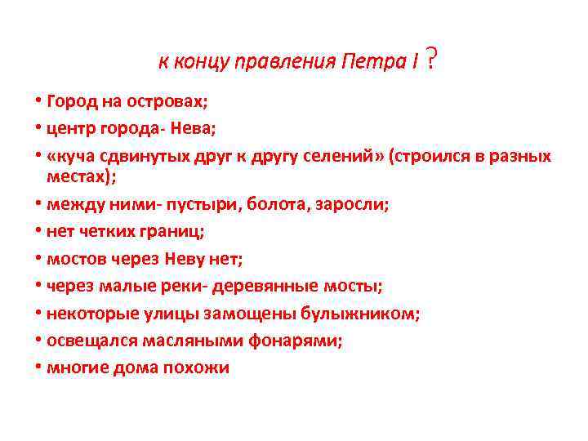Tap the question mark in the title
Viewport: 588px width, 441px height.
(x=430, y=59)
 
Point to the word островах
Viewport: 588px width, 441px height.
(x=165, y=102)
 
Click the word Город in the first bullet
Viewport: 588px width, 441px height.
(x=70, y=102)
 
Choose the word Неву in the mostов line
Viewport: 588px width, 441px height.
(x=187, y=259)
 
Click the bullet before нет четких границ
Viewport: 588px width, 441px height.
(x=38, y=231)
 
